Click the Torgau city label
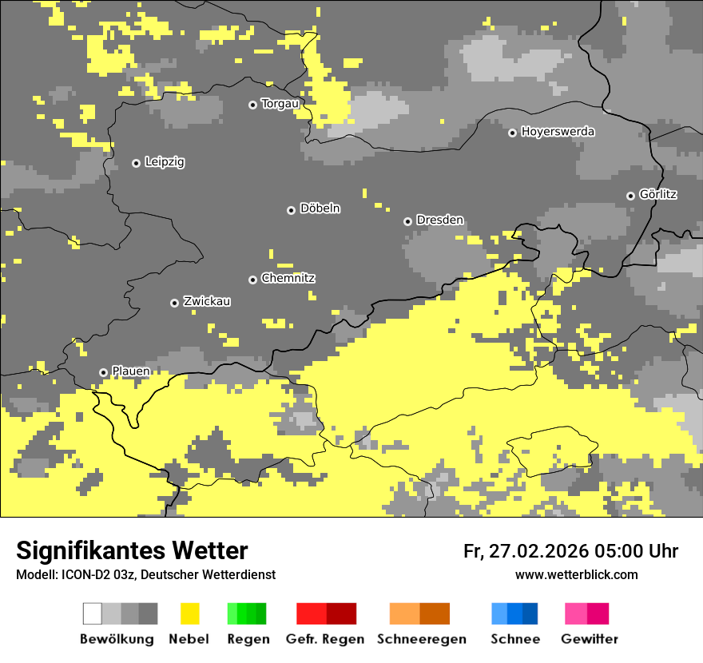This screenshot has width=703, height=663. click(280, 104)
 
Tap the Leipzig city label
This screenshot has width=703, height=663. click(165, 162)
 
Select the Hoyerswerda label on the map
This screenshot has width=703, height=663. click(558, 132)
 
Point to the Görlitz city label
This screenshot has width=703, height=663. click(658, 194)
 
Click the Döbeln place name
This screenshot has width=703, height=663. click(320, 208)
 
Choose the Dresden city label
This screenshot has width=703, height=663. click(439, 220)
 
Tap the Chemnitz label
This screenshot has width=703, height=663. click(288, 278)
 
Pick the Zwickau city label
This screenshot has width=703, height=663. click(207, 301)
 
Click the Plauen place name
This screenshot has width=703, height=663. click(130, 371)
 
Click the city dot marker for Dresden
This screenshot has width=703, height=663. click(407, 221)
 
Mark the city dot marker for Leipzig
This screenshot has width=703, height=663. click(136, 163)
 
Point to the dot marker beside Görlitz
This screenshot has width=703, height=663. click(630, 196)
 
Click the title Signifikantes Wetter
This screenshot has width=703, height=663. click(132, 550)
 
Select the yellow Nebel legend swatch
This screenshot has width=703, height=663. click(189, 613)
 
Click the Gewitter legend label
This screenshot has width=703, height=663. click(589, 639)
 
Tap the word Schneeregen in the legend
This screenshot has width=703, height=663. click(421, 639)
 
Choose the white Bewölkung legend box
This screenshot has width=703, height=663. click(93, 613)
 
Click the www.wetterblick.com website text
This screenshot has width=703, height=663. click(576, 574)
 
